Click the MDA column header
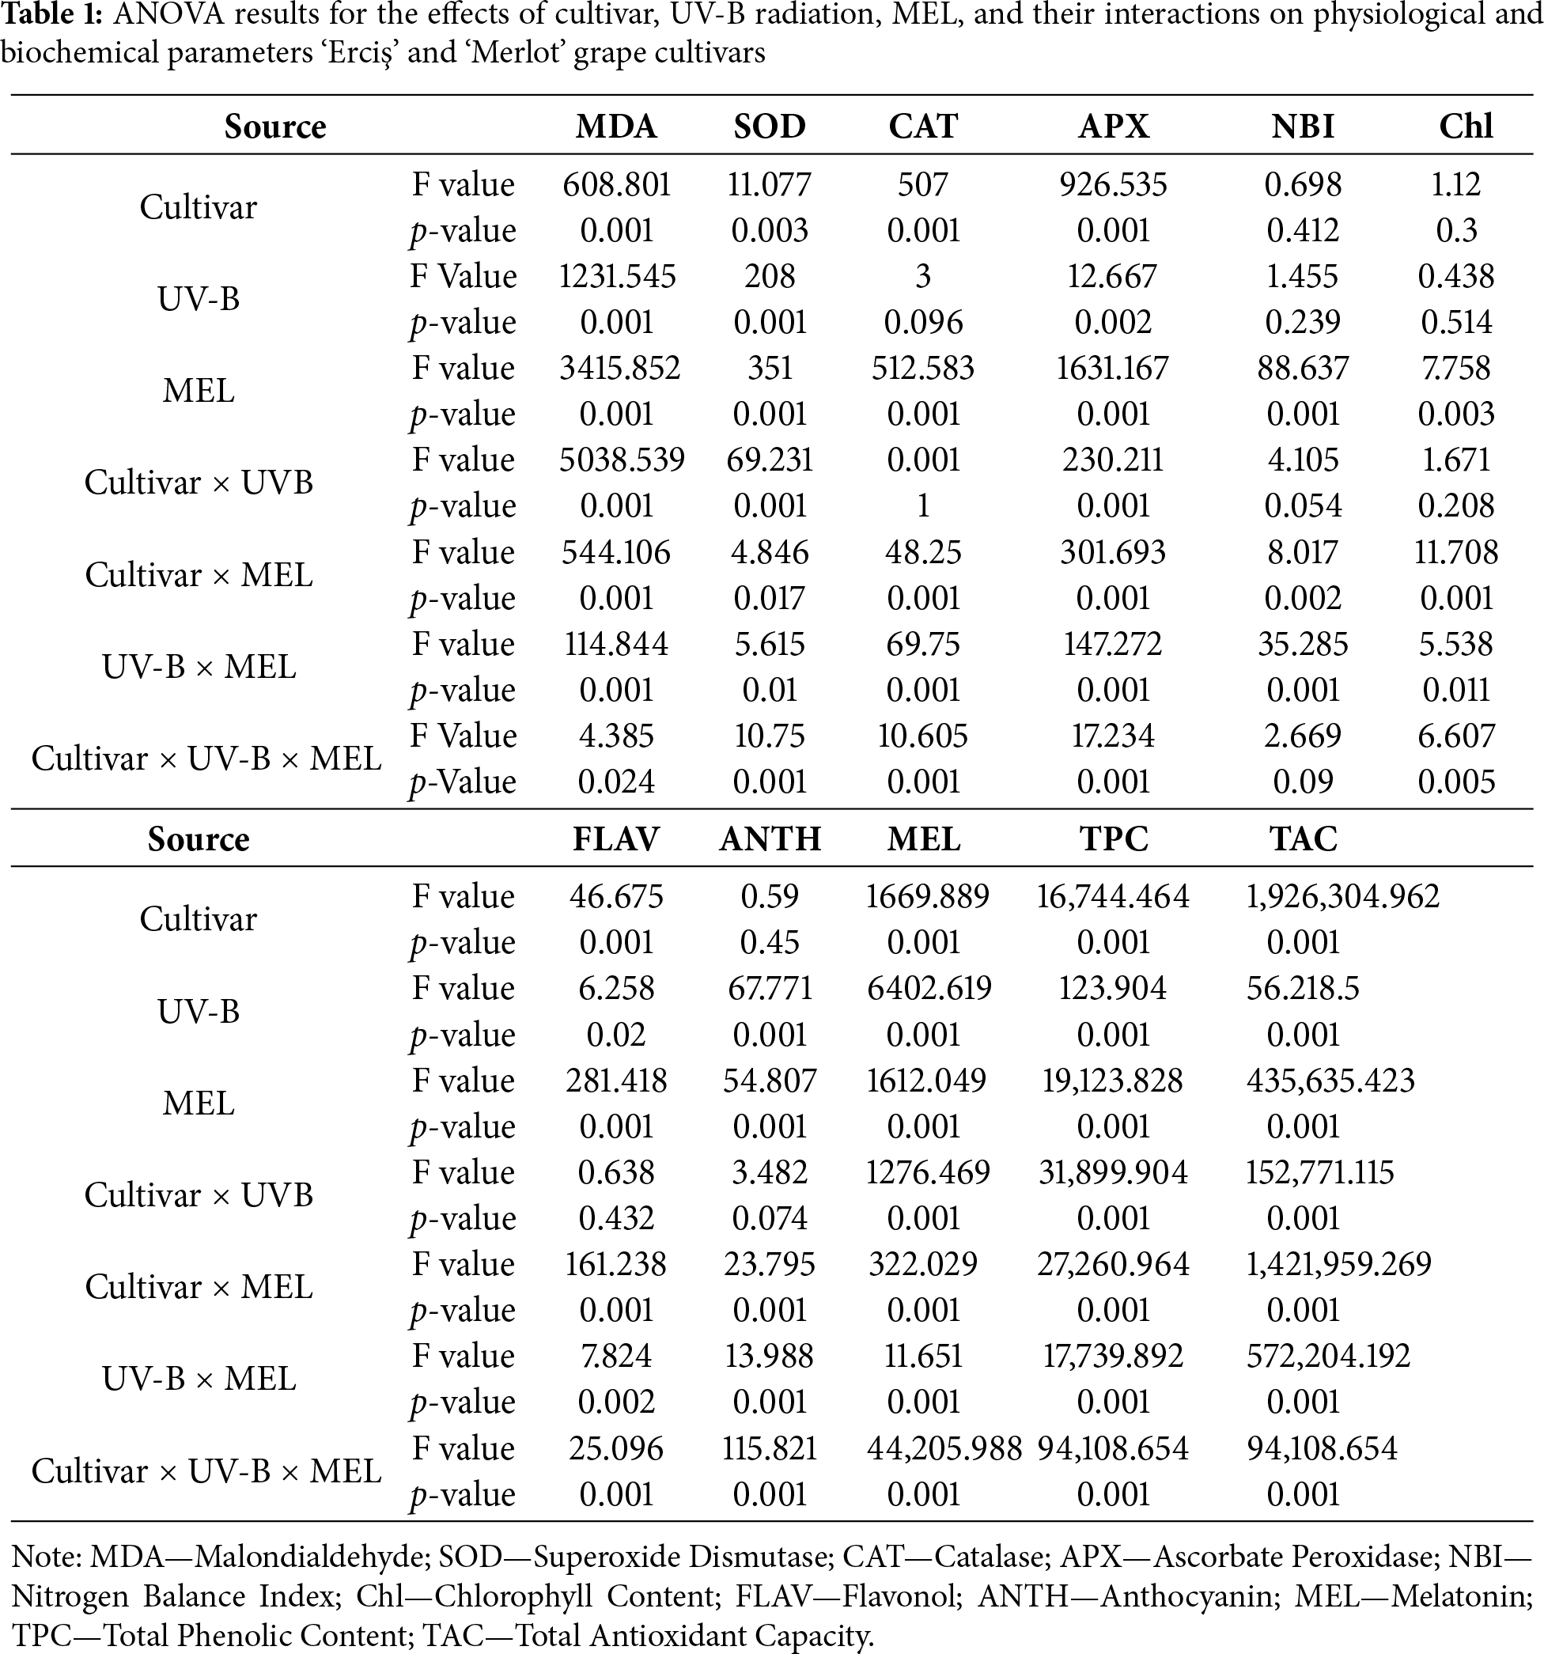(616, 127)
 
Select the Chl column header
(1466, 127)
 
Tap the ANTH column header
(770, 838)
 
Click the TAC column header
(1303, 838)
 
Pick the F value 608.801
(616, 184)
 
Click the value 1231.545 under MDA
(616, 276)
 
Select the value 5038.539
(622, 460)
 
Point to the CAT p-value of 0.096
(922, 322)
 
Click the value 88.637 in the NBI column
(1303, 368)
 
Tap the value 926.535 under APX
(1113, 184)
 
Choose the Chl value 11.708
(1456, 552)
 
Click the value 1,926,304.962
(1342, 896)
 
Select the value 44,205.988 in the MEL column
(944, 1448)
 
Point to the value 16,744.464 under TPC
(1113, 896)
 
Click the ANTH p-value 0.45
(770, 942)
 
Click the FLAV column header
(616, 838)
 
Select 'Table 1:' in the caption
(51, 16)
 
